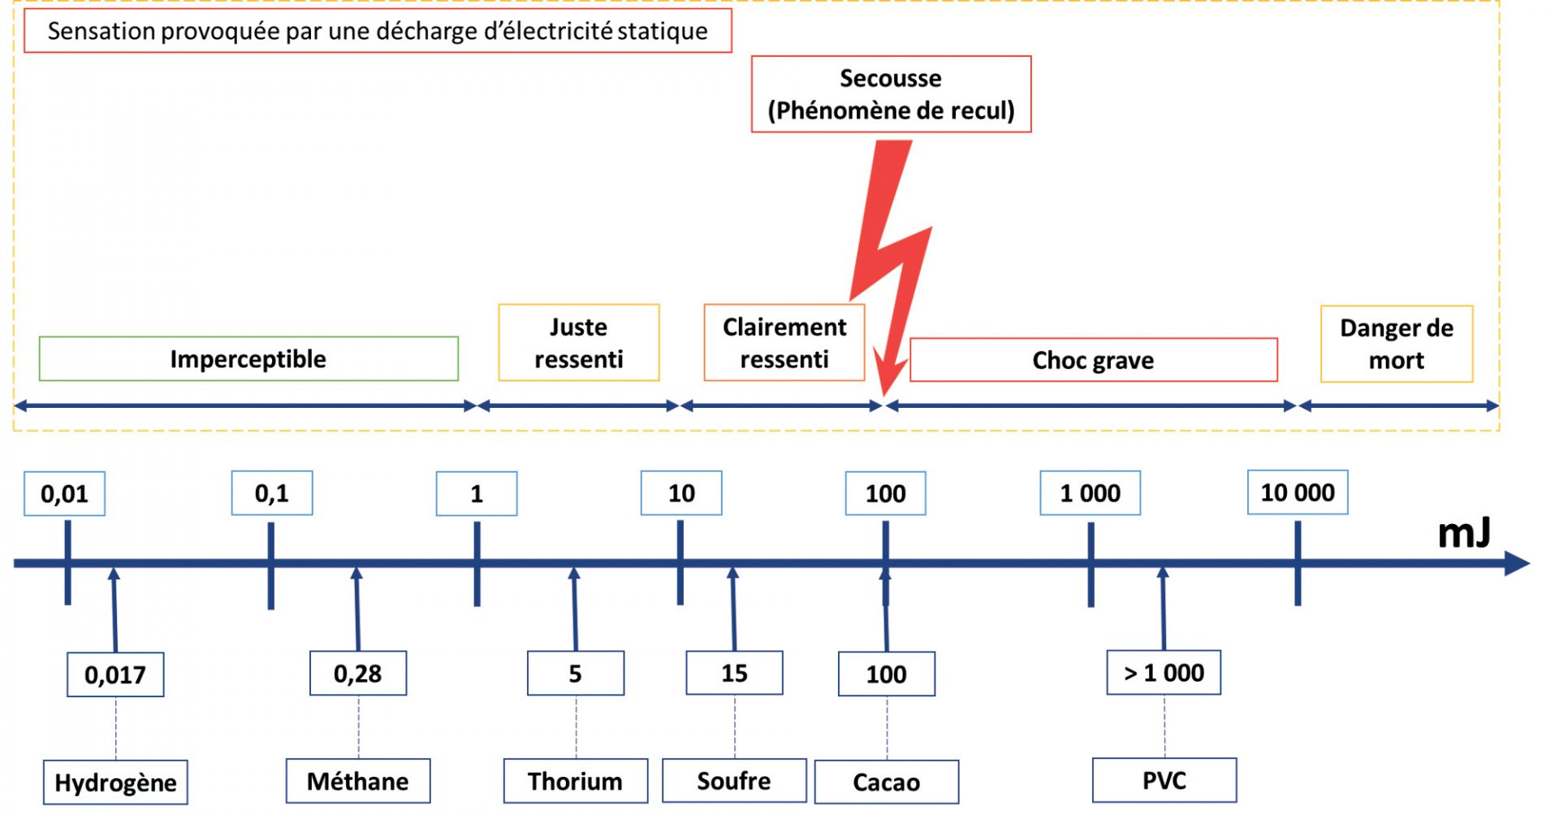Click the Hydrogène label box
(115, 782)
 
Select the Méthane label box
(358, 781)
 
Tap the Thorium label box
(575, 781)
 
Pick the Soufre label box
(734, 780)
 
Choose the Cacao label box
(886, 782)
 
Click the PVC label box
(1164, 780)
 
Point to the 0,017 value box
(115, 674)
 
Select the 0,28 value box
(358, 673)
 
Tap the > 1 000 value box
(1163, 672)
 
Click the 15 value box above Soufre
(734, 673)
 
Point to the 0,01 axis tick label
(64, 493)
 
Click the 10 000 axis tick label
(1297, 492)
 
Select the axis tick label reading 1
(477, 493)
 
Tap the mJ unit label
(1463, 533)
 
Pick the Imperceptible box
(248, 358)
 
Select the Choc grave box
(1093, 360)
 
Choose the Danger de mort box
(1396, 344)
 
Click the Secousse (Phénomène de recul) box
(891, 94)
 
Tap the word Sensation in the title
(101, 31)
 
